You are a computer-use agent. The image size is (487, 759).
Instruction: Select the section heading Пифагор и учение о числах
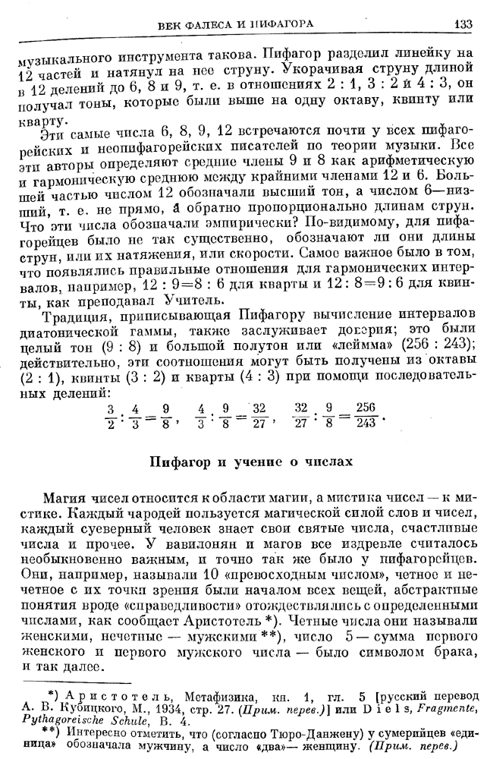250,460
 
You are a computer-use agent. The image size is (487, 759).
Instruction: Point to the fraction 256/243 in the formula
367,416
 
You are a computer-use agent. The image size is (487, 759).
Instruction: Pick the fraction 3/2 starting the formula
109,416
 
